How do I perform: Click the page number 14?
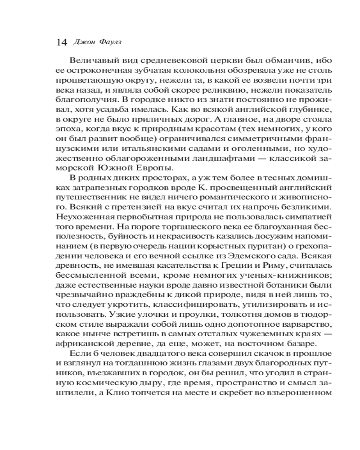pos(61,43)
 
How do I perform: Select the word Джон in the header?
pos(81,43)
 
